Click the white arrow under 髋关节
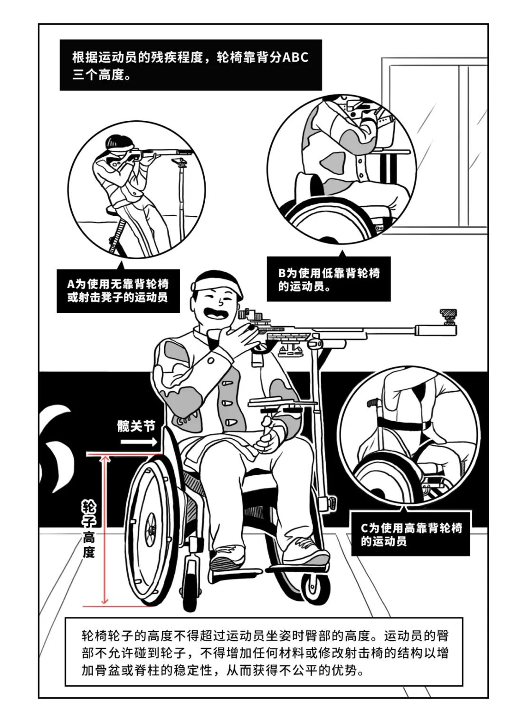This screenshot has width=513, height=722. point(139,441)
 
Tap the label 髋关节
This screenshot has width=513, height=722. point(136,426)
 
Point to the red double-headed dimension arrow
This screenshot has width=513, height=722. point(104,529)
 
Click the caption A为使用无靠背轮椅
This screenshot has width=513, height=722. point(118,284)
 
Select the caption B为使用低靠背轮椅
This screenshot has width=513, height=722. point(329,273)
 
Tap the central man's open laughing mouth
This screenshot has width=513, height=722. point(216,311)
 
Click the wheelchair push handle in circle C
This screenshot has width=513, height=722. point(373,402)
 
